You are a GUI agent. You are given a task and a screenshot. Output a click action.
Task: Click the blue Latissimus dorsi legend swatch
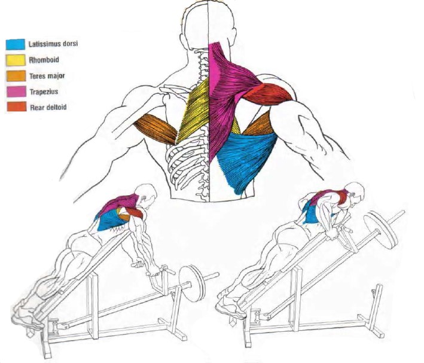[x=15, y=44]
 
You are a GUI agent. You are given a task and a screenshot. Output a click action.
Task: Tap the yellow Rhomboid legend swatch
[x=15, y=60]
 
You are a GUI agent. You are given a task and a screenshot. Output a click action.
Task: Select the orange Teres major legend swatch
[x=15, y=76]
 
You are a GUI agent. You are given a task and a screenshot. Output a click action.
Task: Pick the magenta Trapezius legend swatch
[x=15, y=91]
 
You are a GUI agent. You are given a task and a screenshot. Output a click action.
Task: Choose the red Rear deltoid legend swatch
[x=15, y=108]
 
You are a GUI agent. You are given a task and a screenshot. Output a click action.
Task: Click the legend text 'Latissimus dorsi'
[x=54, y=44]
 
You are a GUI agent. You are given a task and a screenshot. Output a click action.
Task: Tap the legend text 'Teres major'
[x=47, y=76]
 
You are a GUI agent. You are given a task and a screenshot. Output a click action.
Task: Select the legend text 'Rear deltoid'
[x=48, y=108]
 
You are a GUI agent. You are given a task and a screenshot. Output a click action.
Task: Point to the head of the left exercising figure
[x=146, y=194]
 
